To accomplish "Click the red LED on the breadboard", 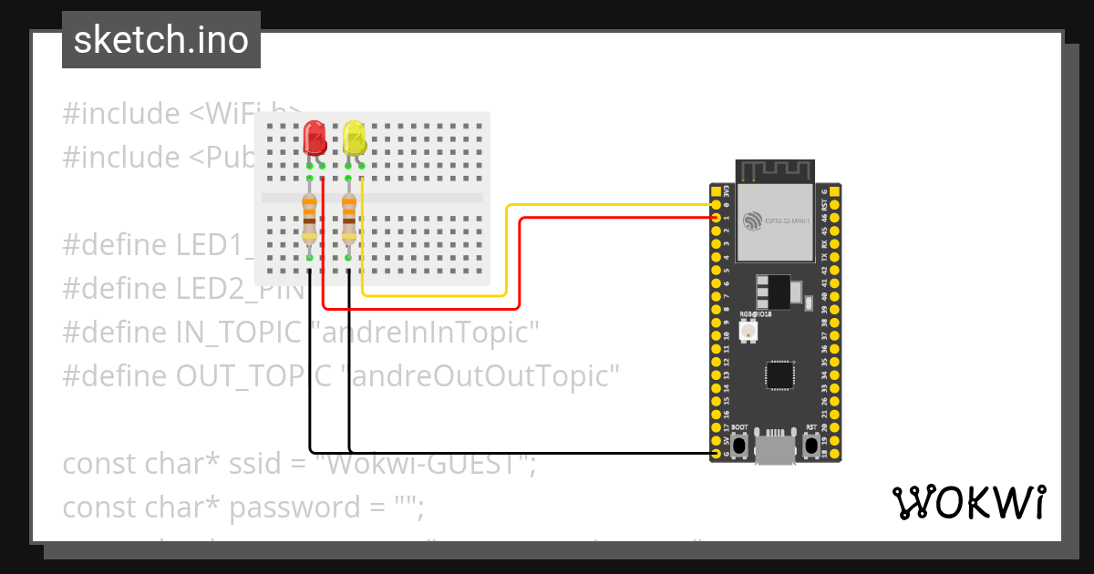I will tap(315, 137).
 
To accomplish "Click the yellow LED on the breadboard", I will tap(355, 137).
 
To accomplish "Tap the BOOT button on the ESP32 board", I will tap(739, 446).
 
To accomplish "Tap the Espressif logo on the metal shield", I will tap(752, 221).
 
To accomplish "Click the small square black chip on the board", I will tap(779, 374).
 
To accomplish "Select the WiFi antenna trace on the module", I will tap(775, 170).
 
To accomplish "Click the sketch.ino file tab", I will tap(161, 40).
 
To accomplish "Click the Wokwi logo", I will tap(968, 502).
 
